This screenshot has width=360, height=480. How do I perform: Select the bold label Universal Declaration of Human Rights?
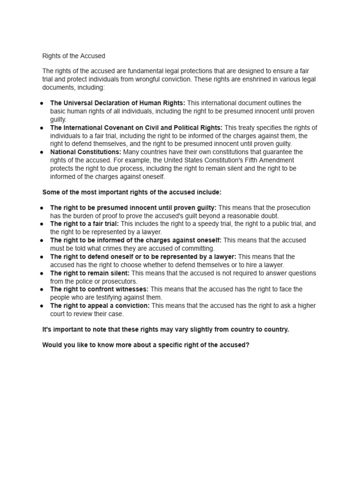(x=118, y=103)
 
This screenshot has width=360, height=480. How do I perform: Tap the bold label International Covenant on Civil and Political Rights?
(x=136, y=127)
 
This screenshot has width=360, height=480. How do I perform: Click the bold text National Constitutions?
(x=86, y=152)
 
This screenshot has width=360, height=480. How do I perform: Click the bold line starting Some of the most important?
(x=132, y=192)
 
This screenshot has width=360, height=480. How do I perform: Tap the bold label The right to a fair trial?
(x=84, y=224)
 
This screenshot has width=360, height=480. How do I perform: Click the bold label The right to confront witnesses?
(x=99, y=289)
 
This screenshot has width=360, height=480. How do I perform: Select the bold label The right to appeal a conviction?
(x=100, y=306)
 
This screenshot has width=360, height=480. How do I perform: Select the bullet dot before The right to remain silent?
(x=42, y=273)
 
